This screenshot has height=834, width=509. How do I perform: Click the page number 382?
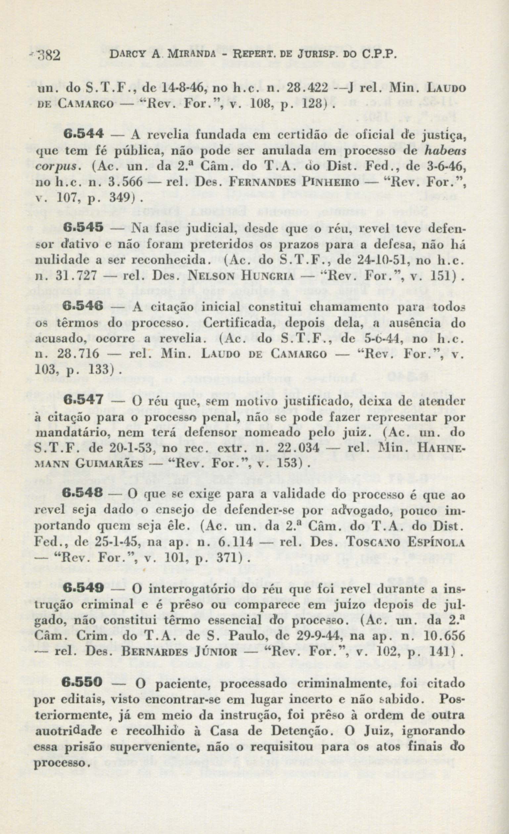click(49, 54)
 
